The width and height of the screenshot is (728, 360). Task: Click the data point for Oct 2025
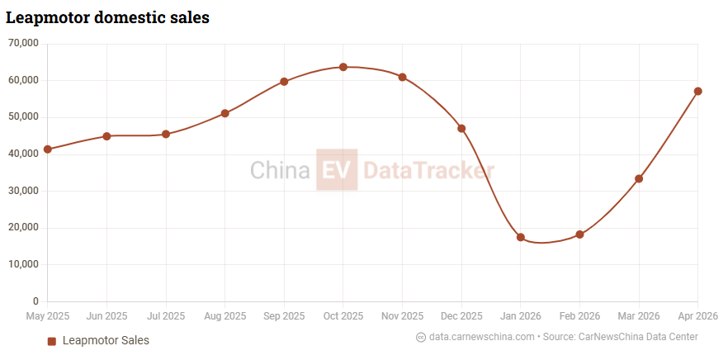coord(343,67)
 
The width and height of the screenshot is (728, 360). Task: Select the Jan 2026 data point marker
coord(521,237)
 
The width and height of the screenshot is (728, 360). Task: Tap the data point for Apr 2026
coord(697,91)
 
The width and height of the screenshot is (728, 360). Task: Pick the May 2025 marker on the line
coord(47,149)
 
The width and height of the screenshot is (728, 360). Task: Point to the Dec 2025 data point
coord(461,128)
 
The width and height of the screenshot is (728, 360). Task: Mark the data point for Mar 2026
coord(639,178)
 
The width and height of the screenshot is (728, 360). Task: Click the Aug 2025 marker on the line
coord(225,113)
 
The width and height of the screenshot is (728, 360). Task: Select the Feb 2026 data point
coord(579,234)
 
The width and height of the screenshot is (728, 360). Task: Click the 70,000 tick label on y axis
coord(23,44)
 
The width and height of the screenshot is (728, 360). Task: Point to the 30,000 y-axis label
coord(23,191)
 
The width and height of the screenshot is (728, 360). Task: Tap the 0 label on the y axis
coord(35,301)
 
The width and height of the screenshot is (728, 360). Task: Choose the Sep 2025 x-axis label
coord(284,316)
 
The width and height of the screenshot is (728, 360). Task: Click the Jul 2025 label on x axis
coord(166,316)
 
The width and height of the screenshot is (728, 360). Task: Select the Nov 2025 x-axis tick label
coord(402,316)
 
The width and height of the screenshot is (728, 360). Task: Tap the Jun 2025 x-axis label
coord(106,316)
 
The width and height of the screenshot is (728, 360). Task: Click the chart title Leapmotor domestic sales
coord(107,17)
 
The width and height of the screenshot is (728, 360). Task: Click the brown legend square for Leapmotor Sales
coord(51,341)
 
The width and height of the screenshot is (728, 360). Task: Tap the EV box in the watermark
coord(337,169)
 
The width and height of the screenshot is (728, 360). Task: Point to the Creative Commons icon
coord(421,337)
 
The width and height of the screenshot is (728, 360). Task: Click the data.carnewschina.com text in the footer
coord(482,337)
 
